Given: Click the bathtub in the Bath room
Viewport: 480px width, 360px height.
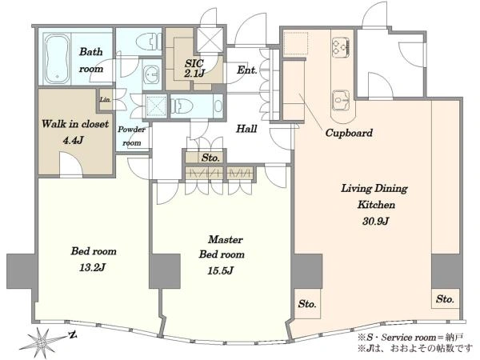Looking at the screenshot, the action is point(58,58).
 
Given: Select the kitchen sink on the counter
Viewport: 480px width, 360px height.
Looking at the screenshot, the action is point(341,100).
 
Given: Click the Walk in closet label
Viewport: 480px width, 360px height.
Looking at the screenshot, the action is point(75,124).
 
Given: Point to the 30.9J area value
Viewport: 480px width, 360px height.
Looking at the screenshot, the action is point(375,221).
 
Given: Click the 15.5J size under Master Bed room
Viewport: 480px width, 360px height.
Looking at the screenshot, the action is point(221,271).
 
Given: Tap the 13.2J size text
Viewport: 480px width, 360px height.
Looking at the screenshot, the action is point(92,268).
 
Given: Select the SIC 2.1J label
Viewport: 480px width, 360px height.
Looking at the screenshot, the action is point(194,68).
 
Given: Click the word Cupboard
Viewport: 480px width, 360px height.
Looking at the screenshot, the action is point(349,133).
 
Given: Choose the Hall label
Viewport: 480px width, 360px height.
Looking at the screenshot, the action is point(246,129).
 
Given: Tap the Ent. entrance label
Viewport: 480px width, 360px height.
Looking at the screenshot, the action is point(246,70).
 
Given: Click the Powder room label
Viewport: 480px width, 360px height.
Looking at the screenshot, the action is point(132,136).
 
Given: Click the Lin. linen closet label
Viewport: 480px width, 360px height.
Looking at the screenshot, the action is point(105,99).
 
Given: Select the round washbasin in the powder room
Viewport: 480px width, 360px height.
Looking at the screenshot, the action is point(151,74).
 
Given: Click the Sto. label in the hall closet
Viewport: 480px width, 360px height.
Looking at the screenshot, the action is point(210,158).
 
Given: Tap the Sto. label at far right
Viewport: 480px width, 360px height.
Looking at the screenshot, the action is point(445,298).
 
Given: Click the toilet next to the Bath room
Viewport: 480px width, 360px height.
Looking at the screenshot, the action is point(147,42).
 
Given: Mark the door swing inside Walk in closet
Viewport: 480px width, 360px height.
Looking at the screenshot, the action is point(70,164).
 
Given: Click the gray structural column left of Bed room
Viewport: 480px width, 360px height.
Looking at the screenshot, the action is point(21,271).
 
